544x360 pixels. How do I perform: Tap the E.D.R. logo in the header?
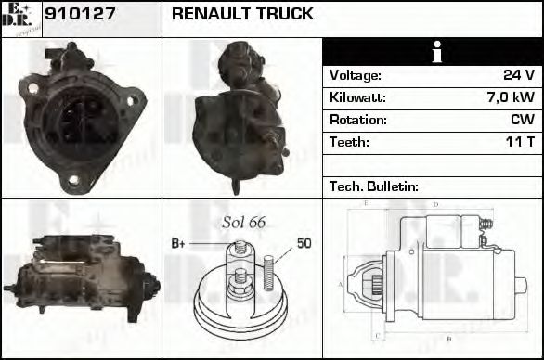(20, 19)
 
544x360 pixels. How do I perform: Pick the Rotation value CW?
(522, 121)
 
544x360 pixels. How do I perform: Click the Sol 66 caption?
(243, 223)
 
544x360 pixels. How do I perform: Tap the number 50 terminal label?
(304, 244)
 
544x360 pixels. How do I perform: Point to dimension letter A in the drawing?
(341, 285)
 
